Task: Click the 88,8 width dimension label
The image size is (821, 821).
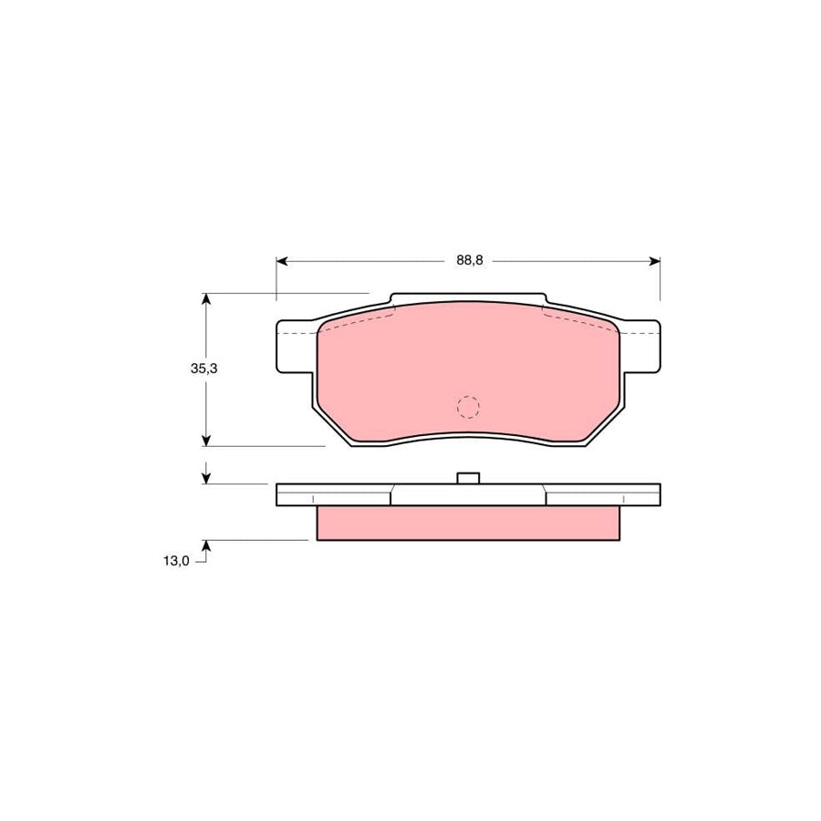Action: point(469,260)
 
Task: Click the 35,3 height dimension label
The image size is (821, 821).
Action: point(203,369)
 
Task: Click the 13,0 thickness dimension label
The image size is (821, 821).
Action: point(177,561)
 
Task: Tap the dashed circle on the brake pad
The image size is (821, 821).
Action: point(468,407)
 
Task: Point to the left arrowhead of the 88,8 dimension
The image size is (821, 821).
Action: point(282,261)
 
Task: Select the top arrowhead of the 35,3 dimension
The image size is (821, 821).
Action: point(207,299)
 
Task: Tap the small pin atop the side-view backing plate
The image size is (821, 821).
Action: point(468,478)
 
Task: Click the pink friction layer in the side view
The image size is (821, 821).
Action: point(468,523)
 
